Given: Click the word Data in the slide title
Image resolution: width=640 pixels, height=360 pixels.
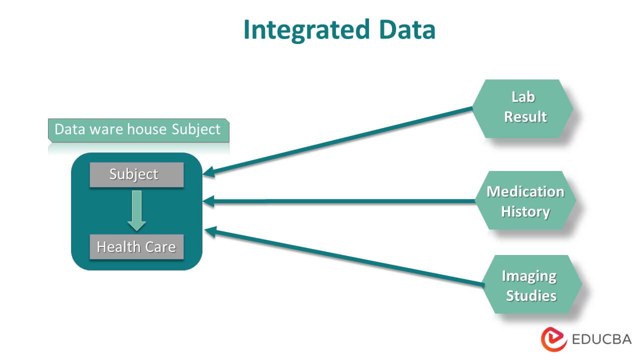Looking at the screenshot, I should [406, 30].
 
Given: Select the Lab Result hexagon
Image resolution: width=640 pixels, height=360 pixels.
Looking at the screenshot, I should [523, 108].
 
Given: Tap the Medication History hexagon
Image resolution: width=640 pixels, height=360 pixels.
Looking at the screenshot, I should [525, 201].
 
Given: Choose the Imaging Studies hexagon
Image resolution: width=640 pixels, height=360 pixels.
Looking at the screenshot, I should [530, 285].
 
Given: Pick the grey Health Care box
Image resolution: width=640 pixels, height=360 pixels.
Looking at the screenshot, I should [136, 247].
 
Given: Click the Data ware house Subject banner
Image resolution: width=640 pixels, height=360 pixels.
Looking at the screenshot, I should [137, 129].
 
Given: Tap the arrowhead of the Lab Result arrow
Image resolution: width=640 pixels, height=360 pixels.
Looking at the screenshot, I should [208, 173].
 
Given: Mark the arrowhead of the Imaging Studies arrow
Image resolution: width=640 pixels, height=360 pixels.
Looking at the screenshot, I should [210, 231].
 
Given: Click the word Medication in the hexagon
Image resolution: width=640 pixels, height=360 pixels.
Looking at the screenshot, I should [525, 191].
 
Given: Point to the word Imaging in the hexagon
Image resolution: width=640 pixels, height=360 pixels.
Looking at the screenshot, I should [529, 276].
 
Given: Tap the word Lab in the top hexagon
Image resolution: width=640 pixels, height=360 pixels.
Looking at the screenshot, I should [523, 97].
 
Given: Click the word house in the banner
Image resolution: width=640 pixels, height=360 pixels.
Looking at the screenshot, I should [145, 129].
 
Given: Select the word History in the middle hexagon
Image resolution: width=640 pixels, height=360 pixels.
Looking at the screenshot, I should [525, 211].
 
